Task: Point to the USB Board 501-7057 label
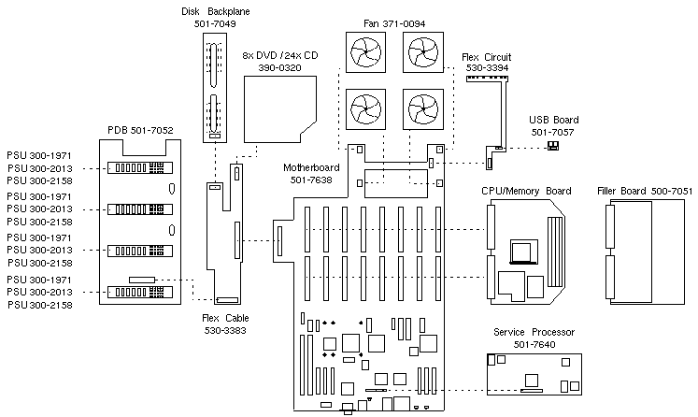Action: [555, 126]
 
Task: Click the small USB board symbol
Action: [552, 146]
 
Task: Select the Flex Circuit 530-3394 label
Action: [488, 63]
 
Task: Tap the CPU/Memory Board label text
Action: [526, 192]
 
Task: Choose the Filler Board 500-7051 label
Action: [644, 192]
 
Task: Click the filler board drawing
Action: [647, 253]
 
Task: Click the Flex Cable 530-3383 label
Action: [223, 324]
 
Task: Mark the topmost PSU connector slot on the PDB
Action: [136, 168]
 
